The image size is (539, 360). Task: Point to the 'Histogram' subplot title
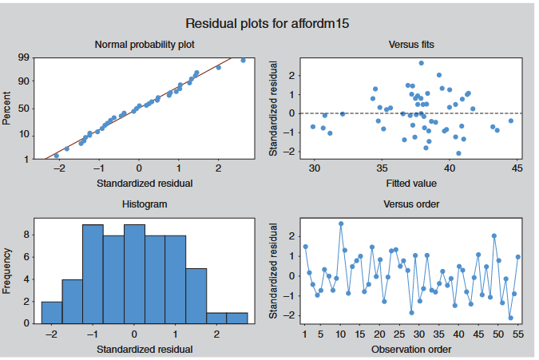(145, 204)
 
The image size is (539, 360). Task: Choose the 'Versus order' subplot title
(412, 204)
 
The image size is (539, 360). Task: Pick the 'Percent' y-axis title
(8, 109)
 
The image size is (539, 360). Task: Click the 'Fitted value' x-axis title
(412, 184)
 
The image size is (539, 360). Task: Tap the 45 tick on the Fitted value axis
(517, 168)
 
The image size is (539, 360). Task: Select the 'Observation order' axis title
(412, 349)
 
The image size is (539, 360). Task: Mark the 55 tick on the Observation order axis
(518, 333)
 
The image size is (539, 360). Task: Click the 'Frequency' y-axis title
(8, 273)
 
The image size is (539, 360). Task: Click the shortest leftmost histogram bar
(52, 313)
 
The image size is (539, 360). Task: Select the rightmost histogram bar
(236, 318)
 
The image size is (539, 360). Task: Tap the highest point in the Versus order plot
(341, 224)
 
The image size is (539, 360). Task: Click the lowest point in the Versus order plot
(510, 318)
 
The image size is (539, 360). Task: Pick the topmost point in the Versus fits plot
(422, 63)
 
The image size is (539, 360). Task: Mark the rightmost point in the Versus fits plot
(511, 121)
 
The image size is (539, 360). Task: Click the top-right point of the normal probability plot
(243, 60)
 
